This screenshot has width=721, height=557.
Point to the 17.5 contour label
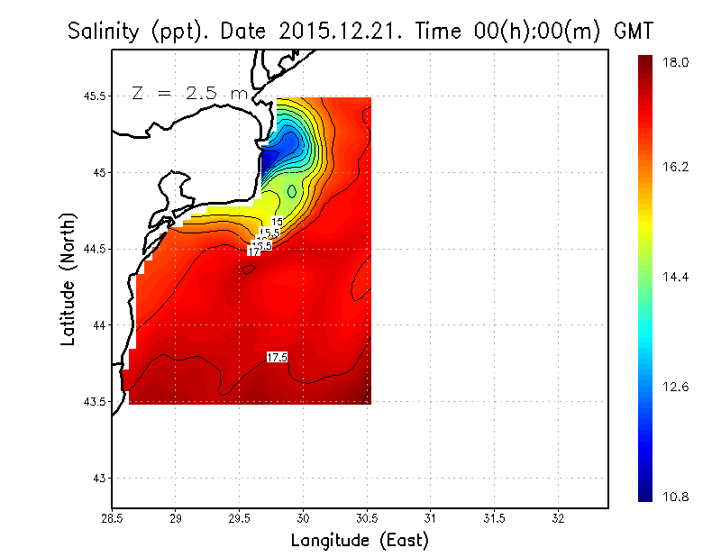click(277, 358)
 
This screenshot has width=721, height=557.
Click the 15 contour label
click(277, 222)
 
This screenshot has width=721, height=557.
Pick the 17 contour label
click(253, 251)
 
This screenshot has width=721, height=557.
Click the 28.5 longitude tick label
click(112, 519)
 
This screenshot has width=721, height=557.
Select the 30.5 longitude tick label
click(367, 519)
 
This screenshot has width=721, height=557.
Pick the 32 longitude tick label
click(558, 519)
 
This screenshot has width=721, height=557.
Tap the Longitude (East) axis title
click(360, 541)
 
